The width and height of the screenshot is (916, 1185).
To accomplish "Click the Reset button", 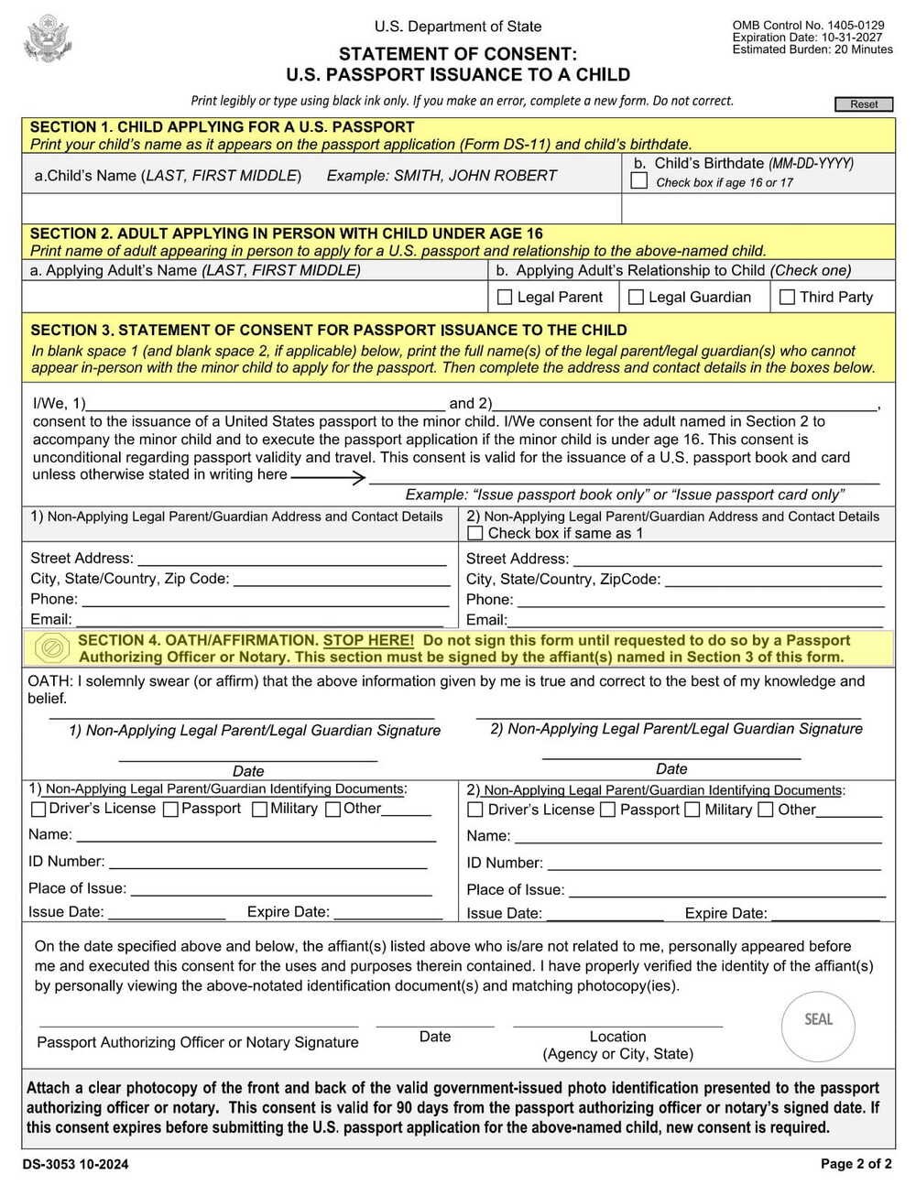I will click(x=863, y=104).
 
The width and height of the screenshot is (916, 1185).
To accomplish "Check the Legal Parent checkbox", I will click(x=504, y=297).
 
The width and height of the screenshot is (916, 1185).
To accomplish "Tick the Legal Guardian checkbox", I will click(x=636, y=297).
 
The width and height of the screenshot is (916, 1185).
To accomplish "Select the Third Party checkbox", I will click(x=787, y=297).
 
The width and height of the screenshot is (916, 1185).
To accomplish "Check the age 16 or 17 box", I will click(x=639, y=181).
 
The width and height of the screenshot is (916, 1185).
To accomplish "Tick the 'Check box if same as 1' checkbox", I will click(x=474, y=533).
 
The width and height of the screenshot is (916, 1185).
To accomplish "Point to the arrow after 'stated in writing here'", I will click(x=328, y=476).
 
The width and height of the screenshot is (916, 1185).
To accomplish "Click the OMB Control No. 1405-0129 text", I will click(x=808, y=26).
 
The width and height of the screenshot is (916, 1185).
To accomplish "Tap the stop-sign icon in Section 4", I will click(x=52, y=648).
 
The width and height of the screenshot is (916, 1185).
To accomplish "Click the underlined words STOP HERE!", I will click(x=368, y=640).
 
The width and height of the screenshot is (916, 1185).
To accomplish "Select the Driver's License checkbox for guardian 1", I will click(x=38, y=810).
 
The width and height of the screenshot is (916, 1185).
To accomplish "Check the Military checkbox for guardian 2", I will click(x=692, y=810).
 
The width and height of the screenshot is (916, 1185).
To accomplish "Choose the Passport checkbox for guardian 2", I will click(x=607, y=810).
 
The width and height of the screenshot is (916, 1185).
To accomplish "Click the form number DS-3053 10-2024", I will click(x=75, y=1165).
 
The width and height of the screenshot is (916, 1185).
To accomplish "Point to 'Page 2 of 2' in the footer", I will click(x=856, y=1164).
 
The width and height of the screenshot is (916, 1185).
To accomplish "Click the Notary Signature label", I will click(x=198, y=1042).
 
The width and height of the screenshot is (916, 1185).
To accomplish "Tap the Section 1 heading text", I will click(x=222, y=127).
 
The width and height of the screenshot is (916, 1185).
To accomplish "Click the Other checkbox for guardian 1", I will click(x=333, y=810).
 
